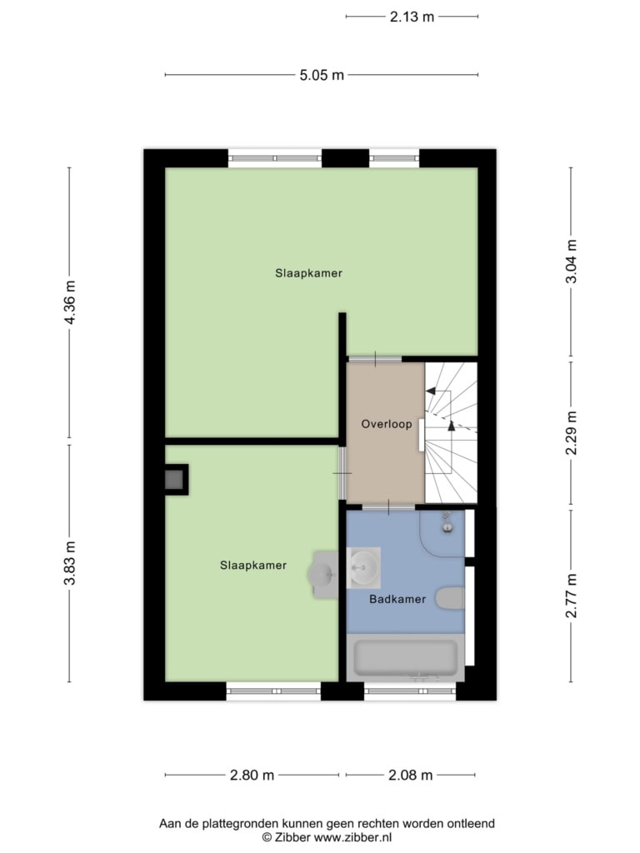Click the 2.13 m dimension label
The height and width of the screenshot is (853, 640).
pyautogui.click(x=412, y=17)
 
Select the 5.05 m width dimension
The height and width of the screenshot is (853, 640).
pyautogui.click(x=322, y=75)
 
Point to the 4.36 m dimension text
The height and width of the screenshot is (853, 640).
pyautogui.click(x=70, y=302)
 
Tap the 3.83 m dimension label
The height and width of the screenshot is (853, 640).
pyautogui.click(x=70, y=563)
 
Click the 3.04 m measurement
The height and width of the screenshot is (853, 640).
pyautogui.click(x=572, y=262)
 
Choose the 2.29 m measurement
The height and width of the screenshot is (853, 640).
pyautogui.click(x=572, y=432)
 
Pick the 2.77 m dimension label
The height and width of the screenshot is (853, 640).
pyautogui.click(x=572, y=596)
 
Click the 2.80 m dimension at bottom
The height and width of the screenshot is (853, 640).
pyautogui.click(x=252, y=776)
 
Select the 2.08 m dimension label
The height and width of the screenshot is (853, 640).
pyautogui.click(x=410, y=776)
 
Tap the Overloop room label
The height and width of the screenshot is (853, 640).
pyautogui.click(x=387, y=424)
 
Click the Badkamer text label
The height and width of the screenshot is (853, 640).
pyautogui.click(x=397, y=600)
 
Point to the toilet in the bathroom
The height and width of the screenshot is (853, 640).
pyautogui.click(x=450, y=598)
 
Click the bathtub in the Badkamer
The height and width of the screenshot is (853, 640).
pyautogui.click(x=406, y=658)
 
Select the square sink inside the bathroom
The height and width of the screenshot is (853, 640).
pyautogui.click(x=363, y=568)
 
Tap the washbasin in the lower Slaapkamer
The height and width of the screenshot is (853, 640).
pyautogui.click(x=323, y=575)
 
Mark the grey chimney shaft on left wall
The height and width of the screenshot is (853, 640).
pyautogui.click(x=175, y=479)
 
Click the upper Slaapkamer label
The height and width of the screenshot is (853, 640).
pyautogui.click(x=308, y=273)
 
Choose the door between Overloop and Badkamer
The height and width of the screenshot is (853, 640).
pyautogui.click(x=388, y=507)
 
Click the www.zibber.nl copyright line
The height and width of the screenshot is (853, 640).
pyautogui.click(x=327, y=838)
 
